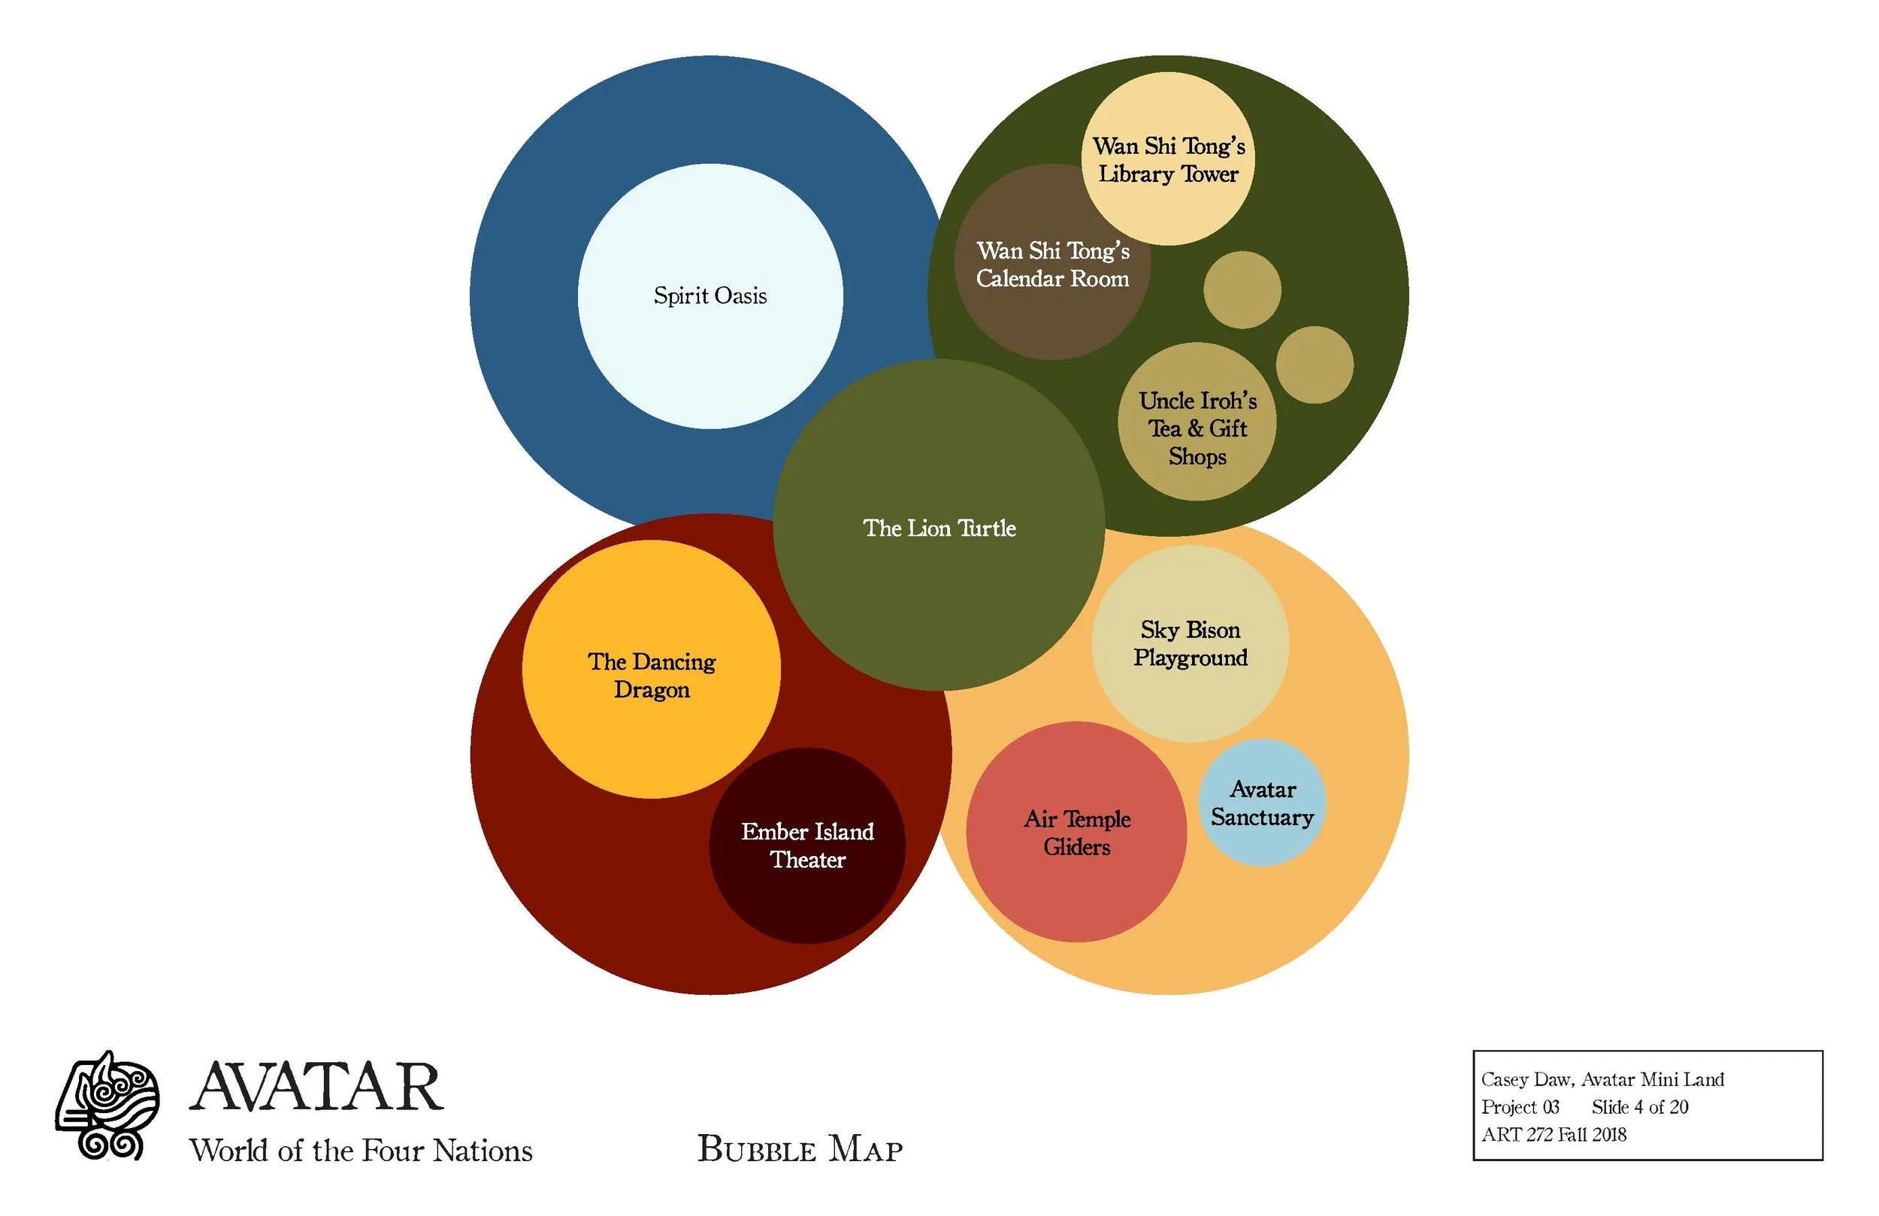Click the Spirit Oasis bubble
point(710,296)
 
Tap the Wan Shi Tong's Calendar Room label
point(1052,265)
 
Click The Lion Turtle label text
point(939,528)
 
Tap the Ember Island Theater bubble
point(807,845)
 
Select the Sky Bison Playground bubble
point(1190,643)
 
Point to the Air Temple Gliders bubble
point(1076,832)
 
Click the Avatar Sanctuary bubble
point(1262,803)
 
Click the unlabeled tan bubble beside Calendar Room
point(1242,290)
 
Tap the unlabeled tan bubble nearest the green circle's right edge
point(1315,364)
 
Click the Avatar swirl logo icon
point(107,1106)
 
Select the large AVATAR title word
point(316,1088)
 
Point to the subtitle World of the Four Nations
point(361,1151)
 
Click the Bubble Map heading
point(800,1149)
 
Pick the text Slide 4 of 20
point(1639,1107)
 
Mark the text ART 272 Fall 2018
point(1553,1135)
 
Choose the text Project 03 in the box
point(1520,1107)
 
